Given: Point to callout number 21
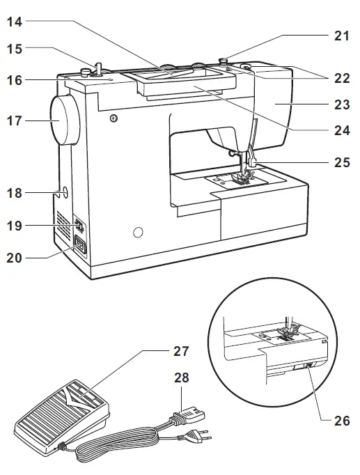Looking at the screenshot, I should (341, 36).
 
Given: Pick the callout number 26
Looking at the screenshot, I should (341, 420).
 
